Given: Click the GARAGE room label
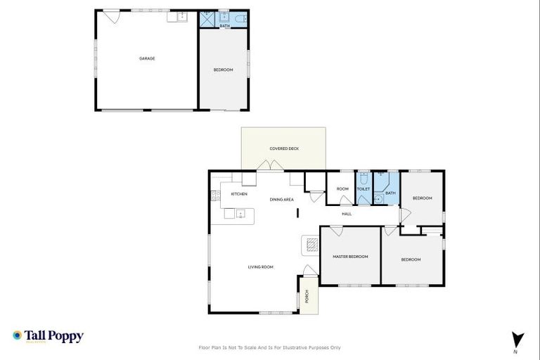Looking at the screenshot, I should (146, 58).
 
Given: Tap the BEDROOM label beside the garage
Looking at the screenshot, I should (223, 70).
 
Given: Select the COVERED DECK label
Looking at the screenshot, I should (283, 148).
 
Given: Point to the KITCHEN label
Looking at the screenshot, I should (238, 193).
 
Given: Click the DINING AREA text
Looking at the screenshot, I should (281, 200).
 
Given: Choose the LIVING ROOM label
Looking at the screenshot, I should (260, 267).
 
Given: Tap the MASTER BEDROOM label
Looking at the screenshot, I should (350, 257).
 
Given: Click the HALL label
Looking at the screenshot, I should (347, 214).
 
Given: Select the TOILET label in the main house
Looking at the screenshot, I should (364, 189).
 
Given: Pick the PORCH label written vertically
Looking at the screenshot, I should (307, 296).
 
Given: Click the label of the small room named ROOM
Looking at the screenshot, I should (342, 189).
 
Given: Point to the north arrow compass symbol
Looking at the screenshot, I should (517, 338).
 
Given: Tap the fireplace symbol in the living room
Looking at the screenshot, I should (311, 245).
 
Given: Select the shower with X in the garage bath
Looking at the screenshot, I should (207, 18).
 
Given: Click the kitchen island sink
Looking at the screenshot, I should (240, 214).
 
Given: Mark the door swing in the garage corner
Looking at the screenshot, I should (112, 15).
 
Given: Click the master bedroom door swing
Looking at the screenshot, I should (336, 230).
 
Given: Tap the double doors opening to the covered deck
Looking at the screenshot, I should (269, 166).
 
